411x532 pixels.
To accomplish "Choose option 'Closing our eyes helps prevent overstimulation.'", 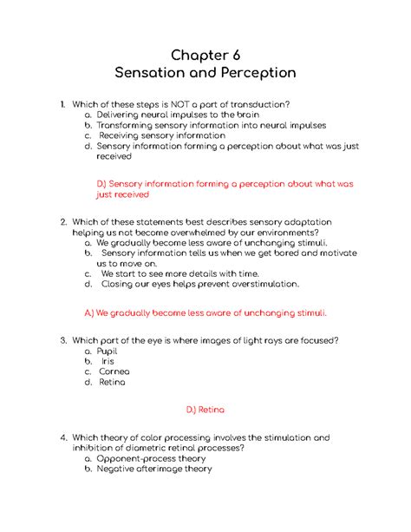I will (x=199, y=284).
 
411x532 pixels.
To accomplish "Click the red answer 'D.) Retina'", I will (x=205, y=409).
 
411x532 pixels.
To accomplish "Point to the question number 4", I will (x=63, y=438).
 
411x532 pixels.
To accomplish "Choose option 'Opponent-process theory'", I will (x=151, y=458).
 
